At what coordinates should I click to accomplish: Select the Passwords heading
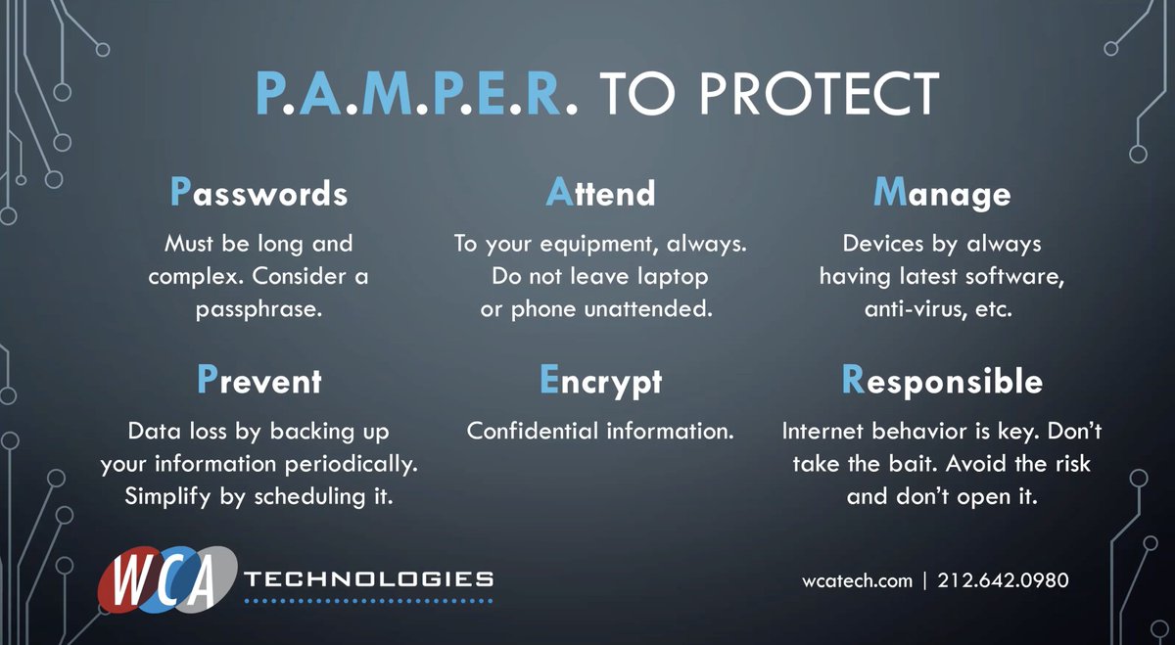258,194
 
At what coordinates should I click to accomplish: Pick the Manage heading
941,194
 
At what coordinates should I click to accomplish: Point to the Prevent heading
258,380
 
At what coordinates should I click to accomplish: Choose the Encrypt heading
600,380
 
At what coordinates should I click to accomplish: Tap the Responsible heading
942,380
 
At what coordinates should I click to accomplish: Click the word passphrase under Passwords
258,310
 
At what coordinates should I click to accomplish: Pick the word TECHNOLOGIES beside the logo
368,579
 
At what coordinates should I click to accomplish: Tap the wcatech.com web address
857,580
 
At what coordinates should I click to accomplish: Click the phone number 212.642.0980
1003,580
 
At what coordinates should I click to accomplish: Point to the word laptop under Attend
671,277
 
